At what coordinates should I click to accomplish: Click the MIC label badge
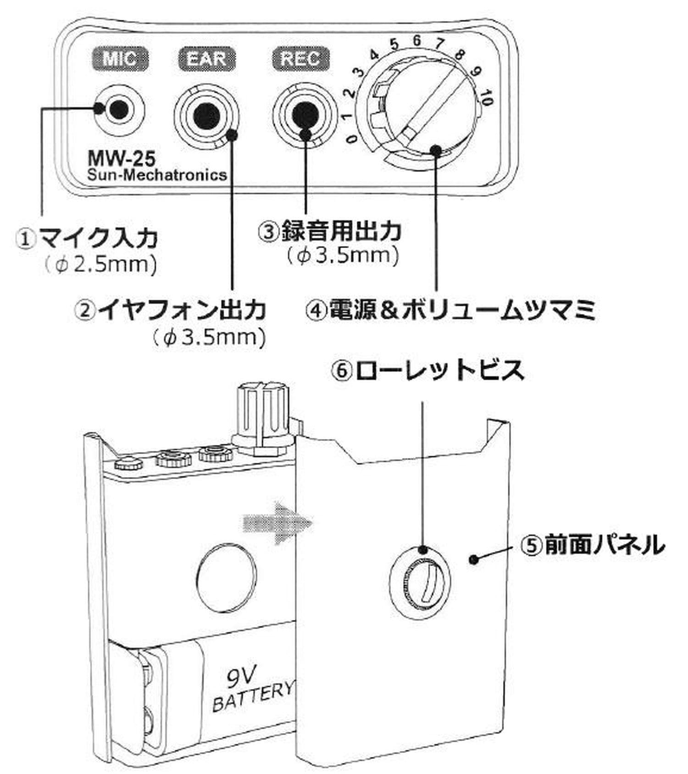(x=119, y=59)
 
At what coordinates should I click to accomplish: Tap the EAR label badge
(x=207, y=59)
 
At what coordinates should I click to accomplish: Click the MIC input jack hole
(x=119, y=109)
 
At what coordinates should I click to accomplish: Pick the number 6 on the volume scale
(x=416, y=40)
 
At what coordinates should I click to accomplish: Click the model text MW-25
(x=122, y=159)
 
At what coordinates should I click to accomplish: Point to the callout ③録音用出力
(x=329, y=231)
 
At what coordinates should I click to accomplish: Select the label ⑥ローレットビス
(x=427, y=370)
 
